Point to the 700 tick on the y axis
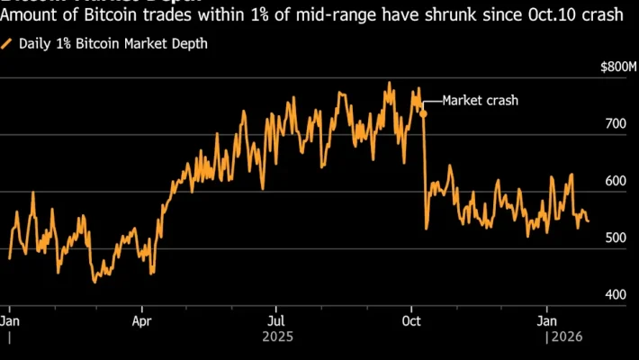pos(615,124)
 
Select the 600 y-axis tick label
pos(615,181)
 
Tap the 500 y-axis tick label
pos(615,238)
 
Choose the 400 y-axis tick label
pos(615,294)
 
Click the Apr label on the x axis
pos(141,320)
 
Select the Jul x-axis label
pos(276,320)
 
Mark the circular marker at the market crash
pos(423,115)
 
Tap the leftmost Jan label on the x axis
pos(9,320)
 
